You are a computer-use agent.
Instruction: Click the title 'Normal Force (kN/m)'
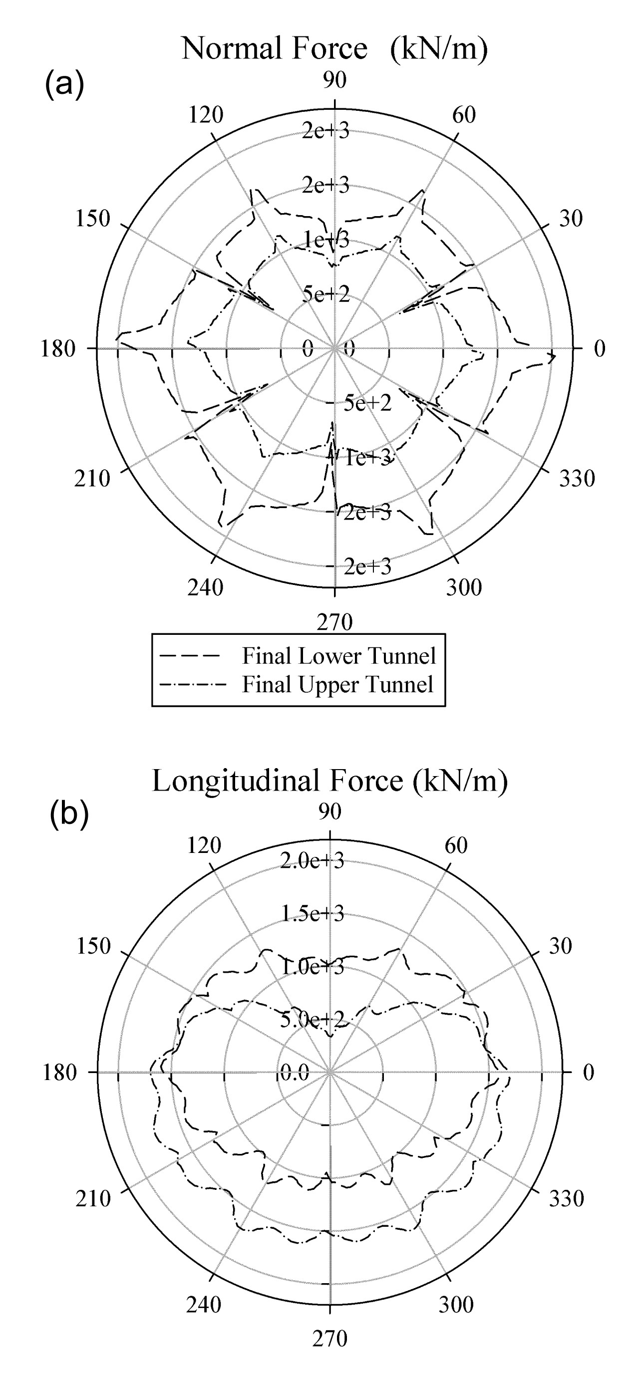[334, 49]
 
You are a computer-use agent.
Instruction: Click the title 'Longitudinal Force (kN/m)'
[329, 781]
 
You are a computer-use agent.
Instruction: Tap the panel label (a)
[64, 84]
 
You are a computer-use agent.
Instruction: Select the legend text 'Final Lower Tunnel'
[339, 656]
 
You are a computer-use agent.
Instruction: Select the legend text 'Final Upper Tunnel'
[337, 685]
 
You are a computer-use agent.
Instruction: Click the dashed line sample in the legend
[190, 656]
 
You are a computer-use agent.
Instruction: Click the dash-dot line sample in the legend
[190, 684]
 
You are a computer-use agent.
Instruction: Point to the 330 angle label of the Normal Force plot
[577, 478]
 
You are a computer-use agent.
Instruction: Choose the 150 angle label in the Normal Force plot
[92, 219]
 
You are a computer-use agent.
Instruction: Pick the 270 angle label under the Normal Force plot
[334, 622]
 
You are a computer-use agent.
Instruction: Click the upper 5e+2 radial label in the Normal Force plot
[326, 294]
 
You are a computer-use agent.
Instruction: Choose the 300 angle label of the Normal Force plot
[464, 587]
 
